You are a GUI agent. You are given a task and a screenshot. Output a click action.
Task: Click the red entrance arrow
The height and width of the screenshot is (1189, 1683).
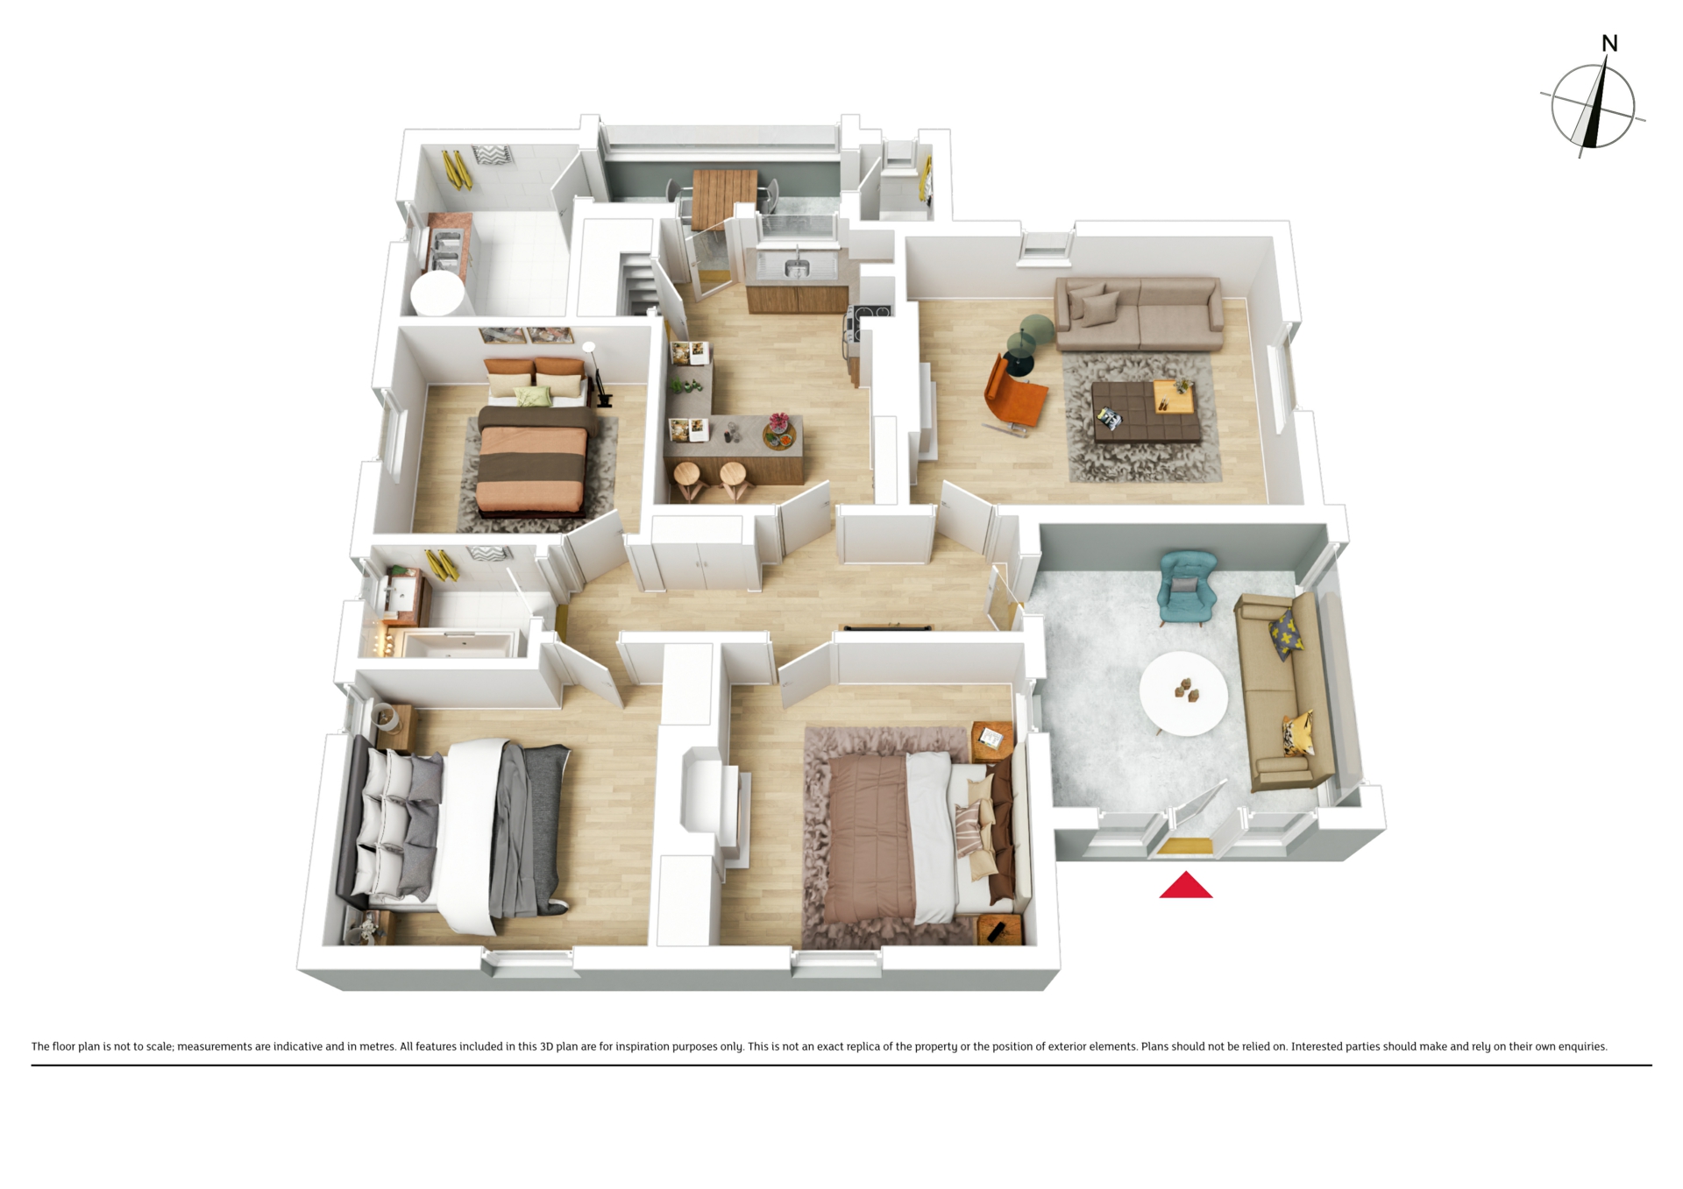1186,886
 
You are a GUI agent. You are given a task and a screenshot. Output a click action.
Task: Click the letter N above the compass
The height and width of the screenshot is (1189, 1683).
1609,43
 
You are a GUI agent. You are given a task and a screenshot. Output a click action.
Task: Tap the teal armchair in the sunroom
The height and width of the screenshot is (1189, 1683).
1187,587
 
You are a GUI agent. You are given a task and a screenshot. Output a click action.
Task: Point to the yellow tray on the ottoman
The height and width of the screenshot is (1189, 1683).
1174,398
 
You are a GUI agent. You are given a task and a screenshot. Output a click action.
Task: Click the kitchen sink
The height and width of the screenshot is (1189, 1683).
797,266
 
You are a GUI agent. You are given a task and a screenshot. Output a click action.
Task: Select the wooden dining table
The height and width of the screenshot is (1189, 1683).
723,198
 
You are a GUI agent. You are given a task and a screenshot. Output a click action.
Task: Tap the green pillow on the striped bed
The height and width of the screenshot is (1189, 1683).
532,396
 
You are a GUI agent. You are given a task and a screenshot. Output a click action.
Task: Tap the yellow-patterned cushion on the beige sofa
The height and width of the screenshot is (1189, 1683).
1284,633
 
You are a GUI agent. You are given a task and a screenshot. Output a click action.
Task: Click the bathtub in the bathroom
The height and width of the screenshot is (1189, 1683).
458,644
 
